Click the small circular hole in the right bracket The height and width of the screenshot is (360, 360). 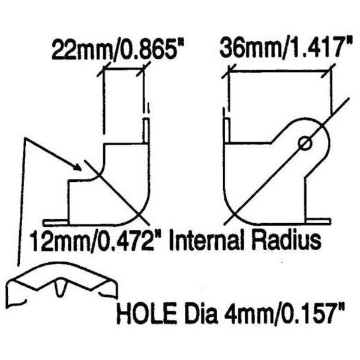click(x=305, y=143)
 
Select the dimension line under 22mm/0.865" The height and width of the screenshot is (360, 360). click(x=125, y=71)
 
